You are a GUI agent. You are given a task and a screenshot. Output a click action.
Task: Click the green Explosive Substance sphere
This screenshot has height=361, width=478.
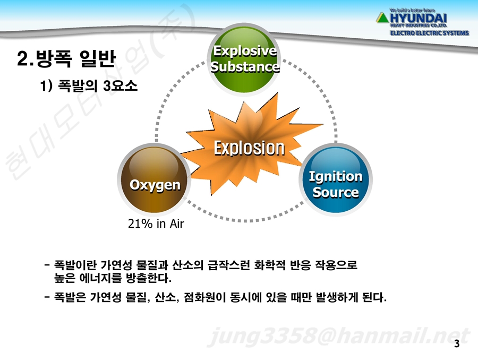pyautogui.click(x=244, y=59)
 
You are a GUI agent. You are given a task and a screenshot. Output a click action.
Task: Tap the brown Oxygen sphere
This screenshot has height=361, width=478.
pyautogui.click(x=154, y=179)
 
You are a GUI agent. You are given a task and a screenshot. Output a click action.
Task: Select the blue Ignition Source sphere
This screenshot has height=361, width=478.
pyautogui.click(x=336, y=179)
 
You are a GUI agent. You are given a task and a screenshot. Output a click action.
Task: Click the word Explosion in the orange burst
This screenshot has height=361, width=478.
pyautogui.click(x=249, y=148)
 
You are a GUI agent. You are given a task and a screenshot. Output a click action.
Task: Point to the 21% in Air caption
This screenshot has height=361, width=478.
pyautogui.click(x=156, y=224)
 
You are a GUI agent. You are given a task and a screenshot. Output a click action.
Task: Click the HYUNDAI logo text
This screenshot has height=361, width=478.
pyautogui.click(x=419, y=18)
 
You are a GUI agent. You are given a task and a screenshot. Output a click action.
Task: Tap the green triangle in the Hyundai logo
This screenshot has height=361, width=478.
pyautogui.click(x=382, y=18)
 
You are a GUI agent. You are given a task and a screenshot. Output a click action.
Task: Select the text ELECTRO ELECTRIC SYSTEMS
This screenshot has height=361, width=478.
pyautogui.click(x=430, y=33)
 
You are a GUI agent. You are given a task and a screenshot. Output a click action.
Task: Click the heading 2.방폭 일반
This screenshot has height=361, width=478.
pyautogui.click(x=66, y=58)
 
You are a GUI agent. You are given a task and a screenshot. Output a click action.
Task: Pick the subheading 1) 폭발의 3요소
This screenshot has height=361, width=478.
pyautogui.click(x=89, y=85)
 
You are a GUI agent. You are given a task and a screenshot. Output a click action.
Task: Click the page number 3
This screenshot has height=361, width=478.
pyautogui.click(x=457, y=343)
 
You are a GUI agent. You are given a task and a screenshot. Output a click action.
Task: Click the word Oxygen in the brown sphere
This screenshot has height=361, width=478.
pyautogui.click(x=155, y=185)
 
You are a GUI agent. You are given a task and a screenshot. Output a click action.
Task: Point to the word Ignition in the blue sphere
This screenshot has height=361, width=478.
pyautogui.click(x=336, y=176)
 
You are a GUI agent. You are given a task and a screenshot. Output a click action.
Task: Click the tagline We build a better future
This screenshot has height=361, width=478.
pyautogui.click(x=413, y=10)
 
